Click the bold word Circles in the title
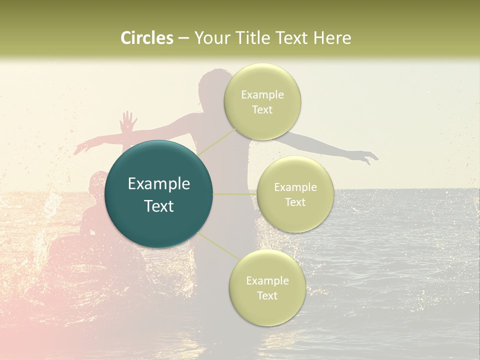[x=146, y=38]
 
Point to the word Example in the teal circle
[x=158, y=184]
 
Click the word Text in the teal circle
[x=158, y=206]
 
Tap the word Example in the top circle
[x=262, y=95]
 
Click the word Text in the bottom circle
[x=267, y=295]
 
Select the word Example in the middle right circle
[x=295, y=187]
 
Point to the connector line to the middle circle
[x=234, y=194]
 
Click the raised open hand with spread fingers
[x=129, y=121]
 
